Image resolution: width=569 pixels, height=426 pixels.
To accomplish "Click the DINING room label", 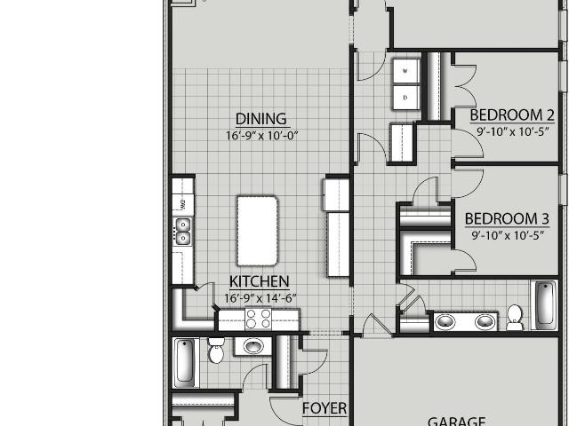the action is click(260, 119).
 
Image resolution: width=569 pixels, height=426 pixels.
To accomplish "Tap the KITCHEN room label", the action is click(259, 281).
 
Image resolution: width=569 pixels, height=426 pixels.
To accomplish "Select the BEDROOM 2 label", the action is click(512, 115).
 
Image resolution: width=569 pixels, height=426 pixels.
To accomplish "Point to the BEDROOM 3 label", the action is click(507, 219).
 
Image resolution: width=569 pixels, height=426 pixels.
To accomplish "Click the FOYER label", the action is click(325, 408).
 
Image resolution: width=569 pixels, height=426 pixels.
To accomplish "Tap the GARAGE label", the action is click(456, 422).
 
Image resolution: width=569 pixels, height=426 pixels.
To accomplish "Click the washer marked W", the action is click(405, 71).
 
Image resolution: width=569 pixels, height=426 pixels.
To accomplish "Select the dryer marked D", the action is click(405, 98).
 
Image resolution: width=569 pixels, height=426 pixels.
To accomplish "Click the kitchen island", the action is click(257, 231).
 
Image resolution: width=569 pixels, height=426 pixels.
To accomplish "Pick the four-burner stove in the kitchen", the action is click(259, 319).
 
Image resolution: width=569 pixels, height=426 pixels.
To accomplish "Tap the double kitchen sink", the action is click(183, 232).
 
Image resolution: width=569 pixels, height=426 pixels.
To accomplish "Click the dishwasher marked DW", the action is click(183, 205).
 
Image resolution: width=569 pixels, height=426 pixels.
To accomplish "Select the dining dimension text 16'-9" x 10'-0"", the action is click(261, 136).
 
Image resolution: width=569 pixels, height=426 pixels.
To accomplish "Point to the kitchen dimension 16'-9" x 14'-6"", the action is click(260, 298).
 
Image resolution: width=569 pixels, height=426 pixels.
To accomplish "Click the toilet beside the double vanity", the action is click(515, 318).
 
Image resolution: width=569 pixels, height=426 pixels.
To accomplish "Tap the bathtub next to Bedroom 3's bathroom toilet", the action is click(544, 304).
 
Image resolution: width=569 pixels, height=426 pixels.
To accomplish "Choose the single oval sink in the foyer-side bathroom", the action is click(252, 346).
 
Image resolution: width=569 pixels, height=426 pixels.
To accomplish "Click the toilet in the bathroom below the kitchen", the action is click(216, 350).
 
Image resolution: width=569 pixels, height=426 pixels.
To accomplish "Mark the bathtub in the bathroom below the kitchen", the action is click(185, 363).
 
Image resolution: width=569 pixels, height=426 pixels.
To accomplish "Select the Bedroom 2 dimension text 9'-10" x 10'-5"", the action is click(512, 131).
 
